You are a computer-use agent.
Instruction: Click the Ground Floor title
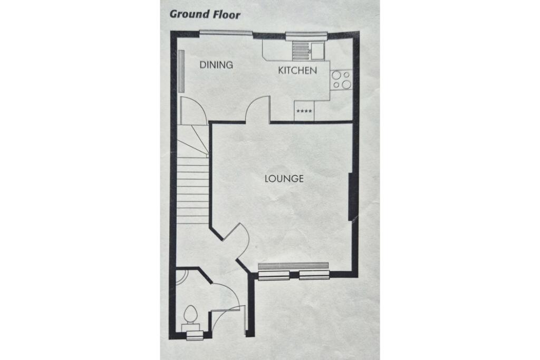pos(205,14)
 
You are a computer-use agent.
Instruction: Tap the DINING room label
pos(216,65)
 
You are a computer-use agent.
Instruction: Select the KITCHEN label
pos(297,70)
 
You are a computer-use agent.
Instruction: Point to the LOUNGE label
pos(284,179)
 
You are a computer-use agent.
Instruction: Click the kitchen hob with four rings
pos(341,80)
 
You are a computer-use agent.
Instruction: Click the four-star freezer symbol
pos(304,111)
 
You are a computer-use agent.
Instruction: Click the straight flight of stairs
pos(192,190)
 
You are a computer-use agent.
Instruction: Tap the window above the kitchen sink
pos(306,36)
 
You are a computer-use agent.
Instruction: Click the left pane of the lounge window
pos(274,275)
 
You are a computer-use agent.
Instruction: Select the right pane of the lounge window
pos(314,275)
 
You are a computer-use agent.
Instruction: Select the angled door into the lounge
pos(238,240)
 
